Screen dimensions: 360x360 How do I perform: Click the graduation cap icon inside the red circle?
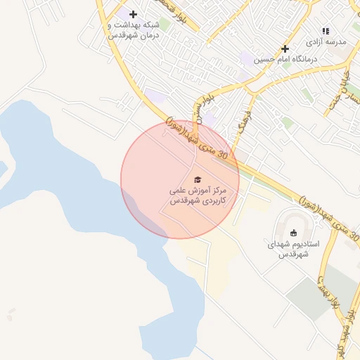coord(197,179)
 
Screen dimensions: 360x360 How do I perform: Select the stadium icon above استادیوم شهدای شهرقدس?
coord(293,233)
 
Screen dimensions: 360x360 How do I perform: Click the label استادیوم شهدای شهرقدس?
coord(293,249)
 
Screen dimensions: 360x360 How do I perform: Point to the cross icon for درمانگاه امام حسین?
coord(285,49)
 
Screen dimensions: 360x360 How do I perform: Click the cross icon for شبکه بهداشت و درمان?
coord(133,14)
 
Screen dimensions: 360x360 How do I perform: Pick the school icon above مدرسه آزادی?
coord(325,31)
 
